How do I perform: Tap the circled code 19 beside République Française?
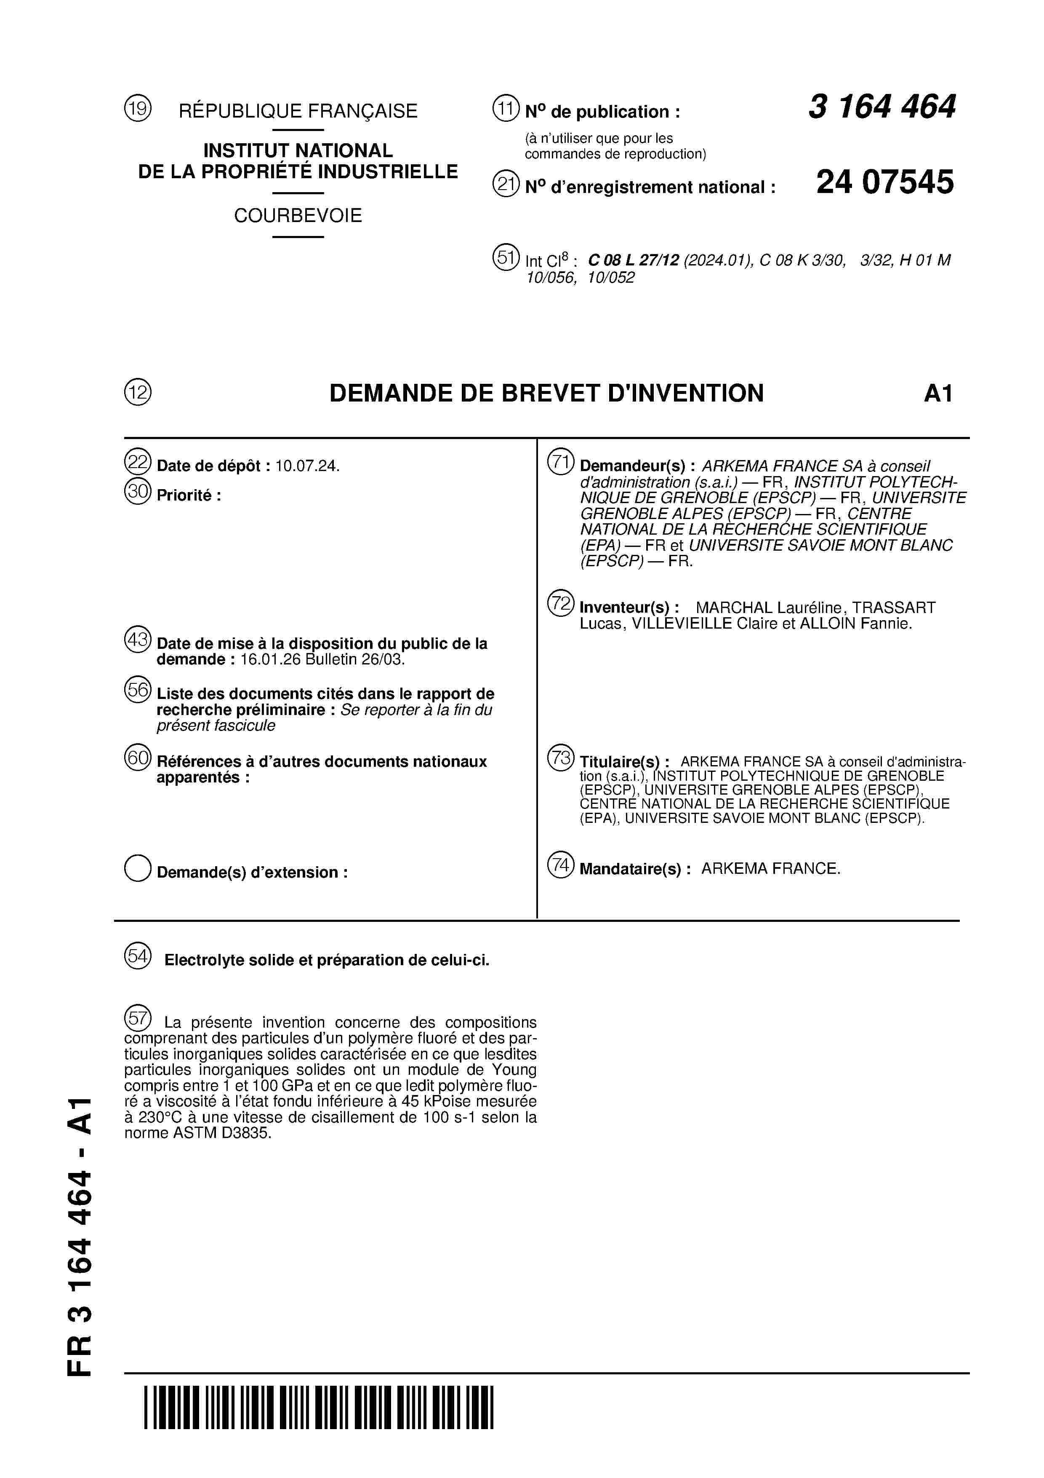[x=138, y=108]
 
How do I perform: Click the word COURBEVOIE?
[x=298, y=216]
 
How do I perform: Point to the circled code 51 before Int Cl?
[x=506, y=257]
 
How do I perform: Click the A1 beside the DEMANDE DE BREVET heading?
[x=938, y=394]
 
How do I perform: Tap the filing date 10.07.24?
[x=307, y=466]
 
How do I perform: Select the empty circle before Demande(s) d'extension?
[x=138, y=868]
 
